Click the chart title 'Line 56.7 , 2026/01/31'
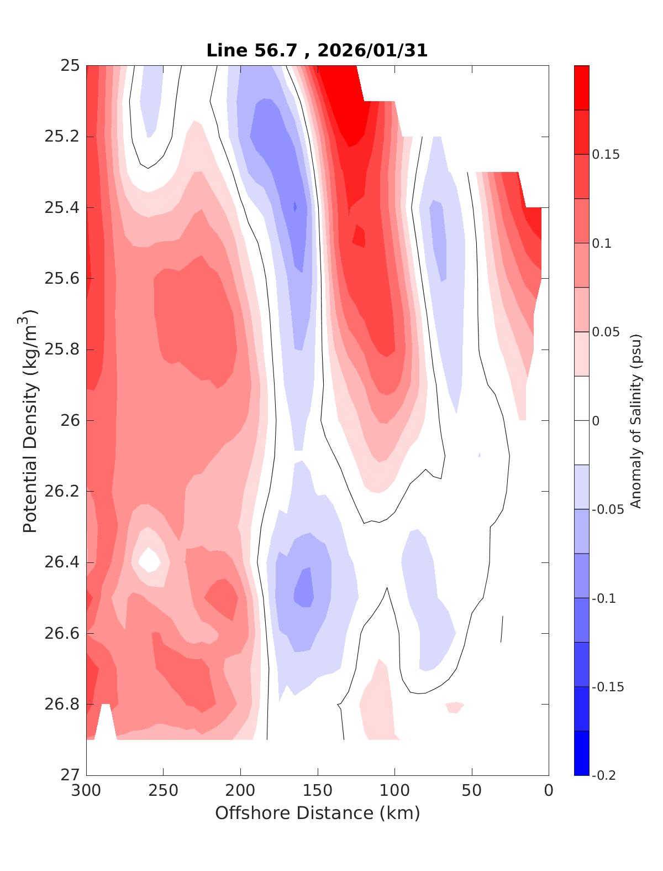317,51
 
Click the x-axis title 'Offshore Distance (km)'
317,813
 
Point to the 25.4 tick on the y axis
62,208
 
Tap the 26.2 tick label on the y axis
62,492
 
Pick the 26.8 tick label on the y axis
62,705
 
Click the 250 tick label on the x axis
164,791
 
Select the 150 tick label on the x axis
318,791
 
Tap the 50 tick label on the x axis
472,791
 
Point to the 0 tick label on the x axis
548,791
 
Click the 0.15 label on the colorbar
606,155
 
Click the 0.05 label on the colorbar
606,332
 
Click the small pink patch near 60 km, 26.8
454,707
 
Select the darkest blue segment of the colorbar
581,753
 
